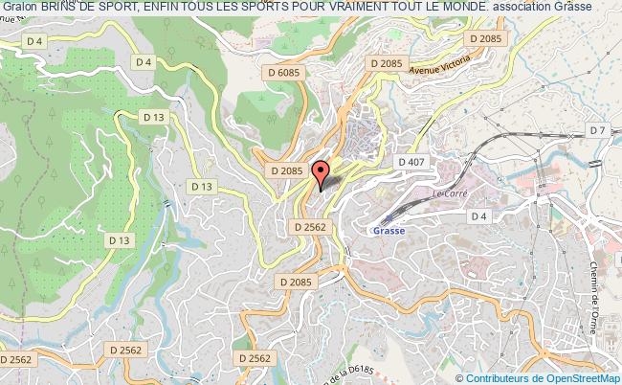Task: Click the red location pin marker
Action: click(x=322, y=173)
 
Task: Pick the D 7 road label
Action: click(x=597, y=129)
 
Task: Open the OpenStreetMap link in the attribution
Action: click(x=579, y=376)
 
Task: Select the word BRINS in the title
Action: click(x=60, y=7)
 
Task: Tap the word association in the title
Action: click(x=521, y=7)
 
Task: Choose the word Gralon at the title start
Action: click(x=19, y=7)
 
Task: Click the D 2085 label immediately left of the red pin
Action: click(x=285, y=170)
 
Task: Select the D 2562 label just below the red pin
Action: click(x=308, y=226)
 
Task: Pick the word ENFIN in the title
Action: click(x=162, y=7)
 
